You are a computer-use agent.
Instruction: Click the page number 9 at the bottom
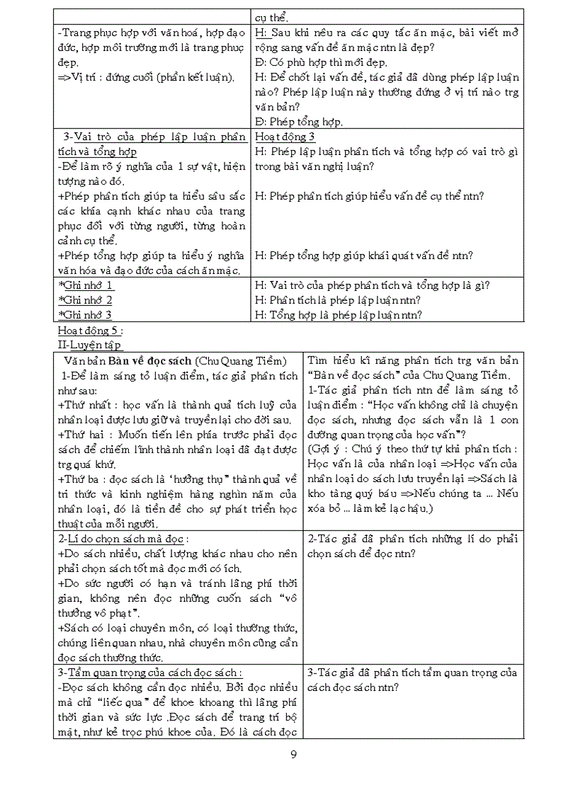click(293, 754)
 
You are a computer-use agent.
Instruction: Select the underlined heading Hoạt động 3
click(285, 137)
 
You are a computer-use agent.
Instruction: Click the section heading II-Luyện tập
click(90, 344)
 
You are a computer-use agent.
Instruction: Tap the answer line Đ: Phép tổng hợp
click(298, 122)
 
